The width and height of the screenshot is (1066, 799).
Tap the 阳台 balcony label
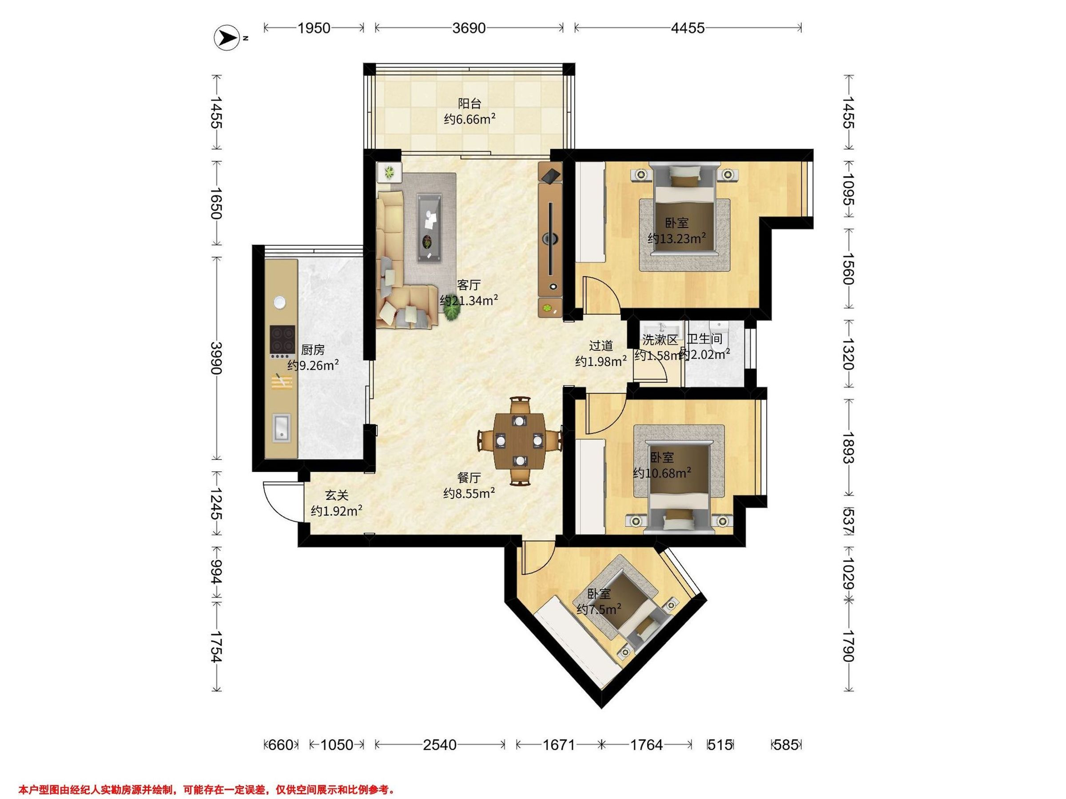(469, 103)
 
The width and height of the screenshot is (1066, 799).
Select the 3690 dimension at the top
(469, 28)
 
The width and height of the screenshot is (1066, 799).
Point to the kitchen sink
(281, 427)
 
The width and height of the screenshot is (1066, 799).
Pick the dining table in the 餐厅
(520, 440)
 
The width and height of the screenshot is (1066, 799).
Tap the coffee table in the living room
(430, 228)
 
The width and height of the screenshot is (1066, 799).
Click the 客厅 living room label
(469, 285)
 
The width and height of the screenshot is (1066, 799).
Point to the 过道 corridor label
(601, 345)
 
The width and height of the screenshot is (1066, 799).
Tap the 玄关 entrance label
(336, 495)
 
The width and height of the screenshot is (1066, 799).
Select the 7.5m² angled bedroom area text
(599, 610)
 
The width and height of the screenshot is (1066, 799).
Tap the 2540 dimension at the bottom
(440, 745)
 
